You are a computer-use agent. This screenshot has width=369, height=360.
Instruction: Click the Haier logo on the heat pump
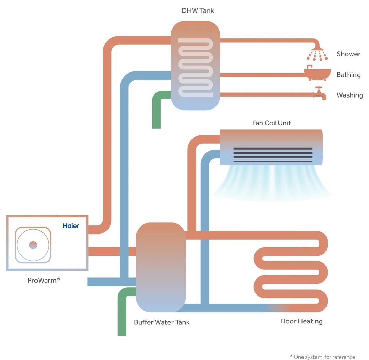click(71, 226)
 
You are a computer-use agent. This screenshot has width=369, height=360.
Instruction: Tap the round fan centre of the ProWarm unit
click(33, 245)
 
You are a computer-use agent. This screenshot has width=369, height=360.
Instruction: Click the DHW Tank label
click(198, 10)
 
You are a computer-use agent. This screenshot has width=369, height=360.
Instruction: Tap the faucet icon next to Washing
click(320, 93)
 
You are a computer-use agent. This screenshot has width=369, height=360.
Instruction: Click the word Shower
click(348, 54)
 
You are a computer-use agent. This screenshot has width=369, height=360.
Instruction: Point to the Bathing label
click(348, 75)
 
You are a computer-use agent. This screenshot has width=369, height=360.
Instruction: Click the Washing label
click(350, 95)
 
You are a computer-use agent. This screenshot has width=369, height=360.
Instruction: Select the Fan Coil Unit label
click(272, 123)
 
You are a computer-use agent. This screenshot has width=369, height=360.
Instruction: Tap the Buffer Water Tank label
click(162, 322)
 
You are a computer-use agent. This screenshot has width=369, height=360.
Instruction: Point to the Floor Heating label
click(301, 321)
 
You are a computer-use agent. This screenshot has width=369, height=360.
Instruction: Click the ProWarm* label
click(44, 280)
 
